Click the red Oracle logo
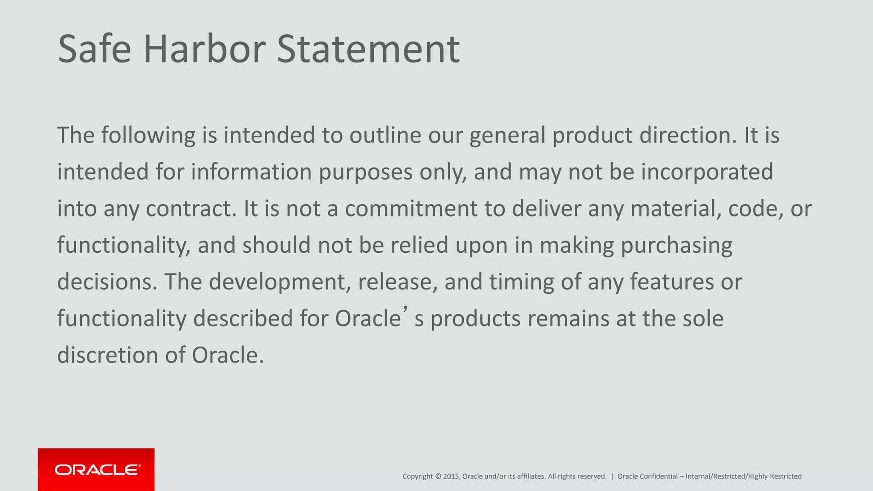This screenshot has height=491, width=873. (x=96, y=469)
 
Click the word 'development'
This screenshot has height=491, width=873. (x=280, y=282)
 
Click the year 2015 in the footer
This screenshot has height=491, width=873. (x=451, y=477)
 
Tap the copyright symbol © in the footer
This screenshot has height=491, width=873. (x=438, y=477)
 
